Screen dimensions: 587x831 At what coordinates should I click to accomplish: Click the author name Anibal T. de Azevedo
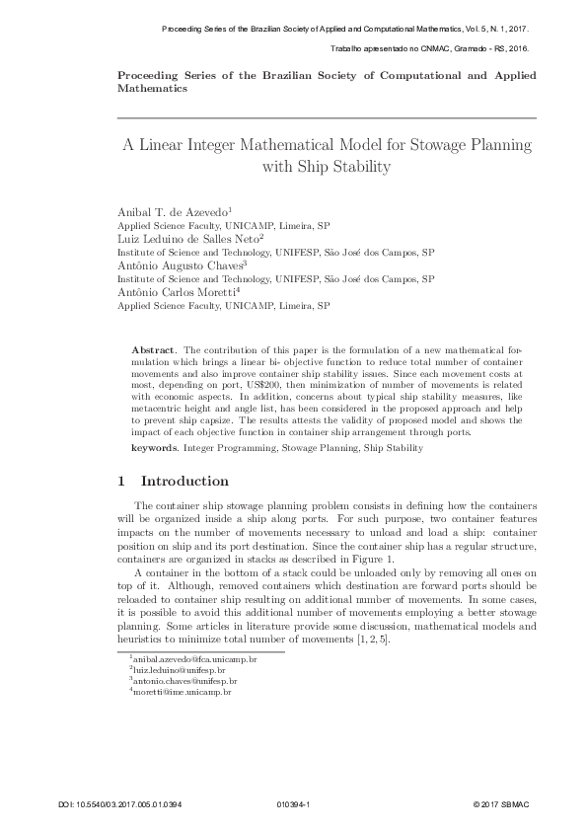[x=173, y=212]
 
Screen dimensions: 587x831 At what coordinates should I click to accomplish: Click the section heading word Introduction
[x=185, y=482]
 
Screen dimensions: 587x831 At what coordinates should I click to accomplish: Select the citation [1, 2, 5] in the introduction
[x=375, y=640]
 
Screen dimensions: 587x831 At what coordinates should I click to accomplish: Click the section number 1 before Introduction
[x=120, y=482]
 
